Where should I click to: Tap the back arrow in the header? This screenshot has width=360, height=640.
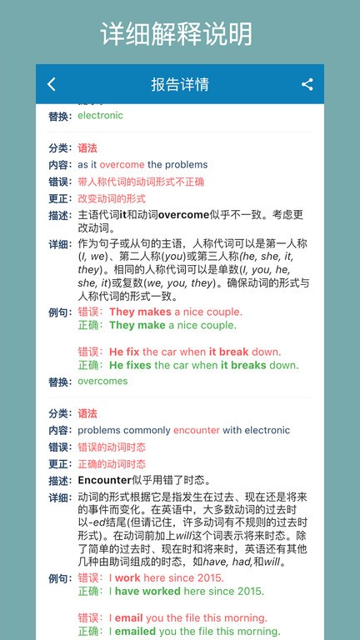52,84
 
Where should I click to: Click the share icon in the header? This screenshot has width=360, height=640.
307,84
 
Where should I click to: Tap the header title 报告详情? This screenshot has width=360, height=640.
180,84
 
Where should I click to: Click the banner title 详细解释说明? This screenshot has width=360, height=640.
177,33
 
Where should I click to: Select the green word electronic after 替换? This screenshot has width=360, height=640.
100,115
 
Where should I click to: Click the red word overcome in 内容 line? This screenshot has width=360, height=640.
122,165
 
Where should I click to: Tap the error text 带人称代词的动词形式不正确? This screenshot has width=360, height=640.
141,182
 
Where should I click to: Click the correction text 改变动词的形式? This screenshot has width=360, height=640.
112,198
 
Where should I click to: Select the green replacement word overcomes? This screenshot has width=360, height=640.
102,381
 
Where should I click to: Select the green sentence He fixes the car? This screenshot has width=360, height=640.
203,365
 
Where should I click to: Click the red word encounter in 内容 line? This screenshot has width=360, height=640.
197,430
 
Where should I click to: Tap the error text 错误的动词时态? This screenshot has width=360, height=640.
112,447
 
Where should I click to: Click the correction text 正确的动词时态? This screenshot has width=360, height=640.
112,463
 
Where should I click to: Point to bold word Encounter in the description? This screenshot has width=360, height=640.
104,480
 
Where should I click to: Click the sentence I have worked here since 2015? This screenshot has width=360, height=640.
187,591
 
